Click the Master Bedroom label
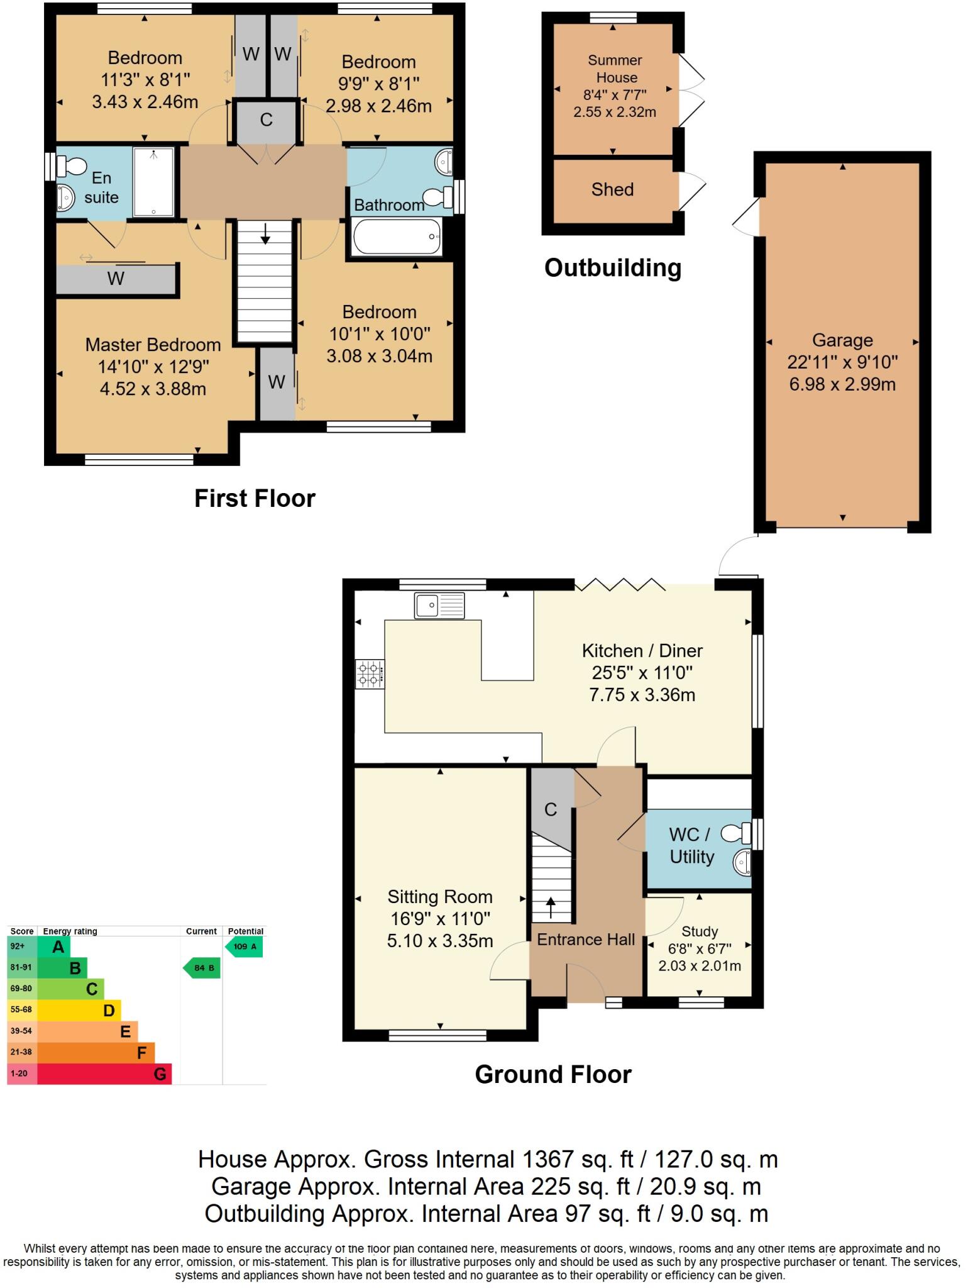(x=153, y=345)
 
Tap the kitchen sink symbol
(x=439, y=606)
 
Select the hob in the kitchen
(x=370, y=674)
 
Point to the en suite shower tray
(x=154, y=182)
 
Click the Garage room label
(x=842, y=340)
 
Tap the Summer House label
(x=615, y=69)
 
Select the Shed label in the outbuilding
(x=612, y=189)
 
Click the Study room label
(x=700, y=931)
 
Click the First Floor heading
(x=255, y=498)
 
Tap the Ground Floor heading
(x=553, y=1074)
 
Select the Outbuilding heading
(x=613, y=268)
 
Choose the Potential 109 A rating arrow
(x=245, y=947)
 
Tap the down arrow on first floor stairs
(x=265, y=233)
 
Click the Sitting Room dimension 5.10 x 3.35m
(x=440, y=941)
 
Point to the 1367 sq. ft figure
(x=578, y=1159)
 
